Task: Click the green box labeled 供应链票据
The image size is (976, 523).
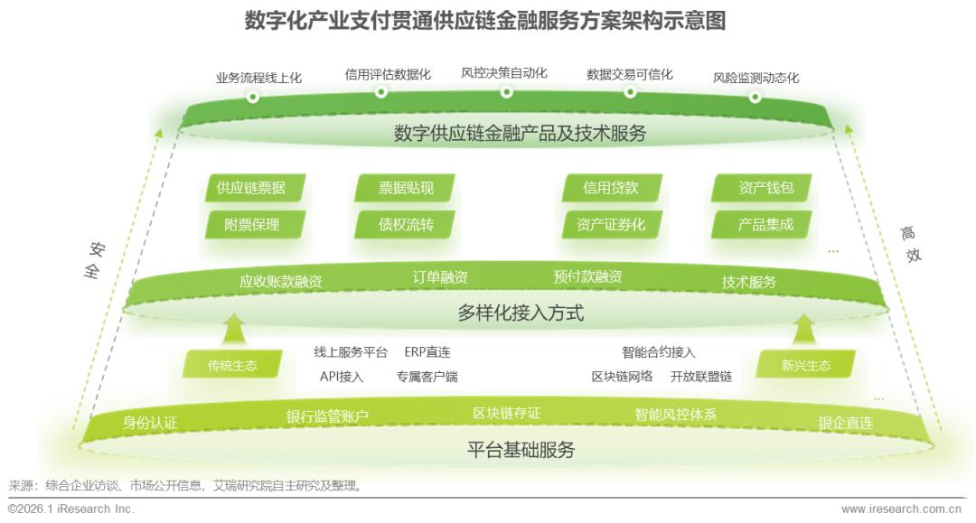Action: pyautogui.click(x=250, y=188)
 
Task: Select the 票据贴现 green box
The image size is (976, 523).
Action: pyautogui.click(x=406, y=188)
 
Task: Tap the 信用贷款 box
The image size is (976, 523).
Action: pyautogui.click(x=611, y=188)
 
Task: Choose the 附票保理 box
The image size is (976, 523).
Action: pyautogui.click(x=250, y=225)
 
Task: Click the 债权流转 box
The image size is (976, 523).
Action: pyautogui.click(x=406, y=225)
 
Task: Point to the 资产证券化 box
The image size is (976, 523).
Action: pyautogui.click(x=611, y=225)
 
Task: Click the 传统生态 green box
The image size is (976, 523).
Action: pyautogui.click(x=232, y=366)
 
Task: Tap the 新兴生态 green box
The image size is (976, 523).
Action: pyautogui.click(x=805, y=366)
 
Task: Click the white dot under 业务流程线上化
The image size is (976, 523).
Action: pyautogui.click(x=253, y=97)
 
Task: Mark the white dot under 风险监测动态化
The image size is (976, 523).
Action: pyautogui.click(x=755, y=97)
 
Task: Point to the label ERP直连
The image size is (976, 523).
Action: pyautogui.click(x=427, y=352)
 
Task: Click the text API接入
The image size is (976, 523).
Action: pyautogui.click(x=342, y=376)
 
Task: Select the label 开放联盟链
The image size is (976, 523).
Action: pyautogui.click(x=701, y=376)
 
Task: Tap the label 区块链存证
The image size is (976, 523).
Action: pyautogui.click(x=506, y=413)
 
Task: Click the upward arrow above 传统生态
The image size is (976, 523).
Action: pyautogui.click(x=233, y=327)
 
